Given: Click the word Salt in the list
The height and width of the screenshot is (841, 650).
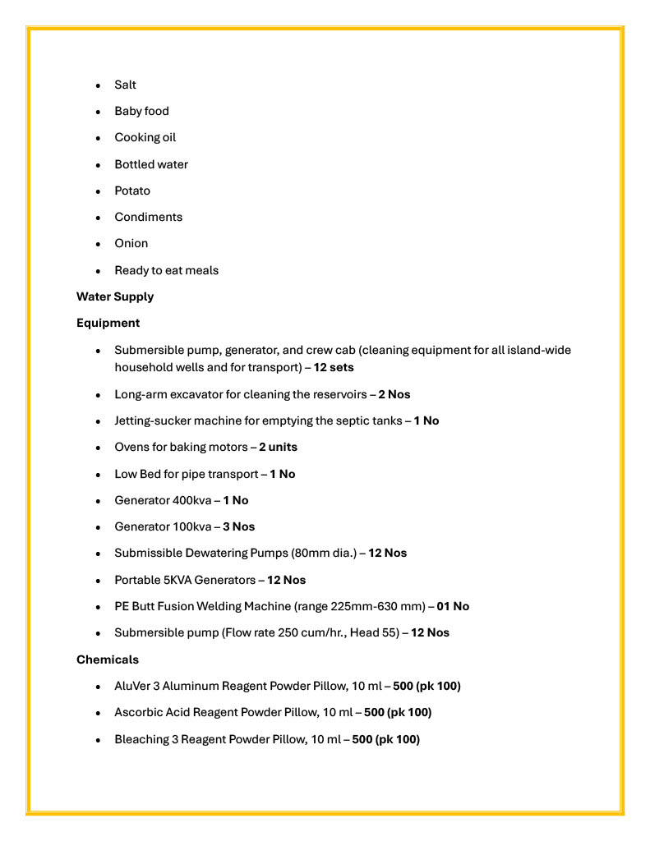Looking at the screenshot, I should [x=126, y=85].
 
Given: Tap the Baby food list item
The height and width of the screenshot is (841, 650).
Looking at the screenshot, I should [x=141, y=111].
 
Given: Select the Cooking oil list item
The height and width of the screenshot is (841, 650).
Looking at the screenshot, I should [x=145, y=137].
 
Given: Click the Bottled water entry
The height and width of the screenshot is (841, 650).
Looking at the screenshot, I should [x=151, y=164].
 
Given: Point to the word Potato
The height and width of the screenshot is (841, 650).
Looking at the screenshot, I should [x=132, y=191].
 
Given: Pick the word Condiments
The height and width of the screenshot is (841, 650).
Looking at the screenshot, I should [x=148, y=217].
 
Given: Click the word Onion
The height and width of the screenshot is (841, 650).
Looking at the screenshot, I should [x=131, y=243].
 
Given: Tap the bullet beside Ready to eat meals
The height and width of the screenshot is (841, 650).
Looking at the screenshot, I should [x=98, y=271].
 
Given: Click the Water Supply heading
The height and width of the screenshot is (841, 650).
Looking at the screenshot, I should [x=115, y=296].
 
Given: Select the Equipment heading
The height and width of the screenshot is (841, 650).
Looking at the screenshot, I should [x=108, y=323].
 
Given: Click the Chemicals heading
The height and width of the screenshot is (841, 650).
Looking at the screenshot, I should [x=108, y=659].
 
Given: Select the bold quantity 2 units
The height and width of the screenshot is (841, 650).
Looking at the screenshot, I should [x=278, y=447].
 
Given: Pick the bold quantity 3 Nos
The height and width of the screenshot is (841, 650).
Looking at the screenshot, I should [x=239, y=526].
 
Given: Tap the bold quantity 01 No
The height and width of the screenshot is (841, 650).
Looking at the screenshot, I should [x=453, y=606].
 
